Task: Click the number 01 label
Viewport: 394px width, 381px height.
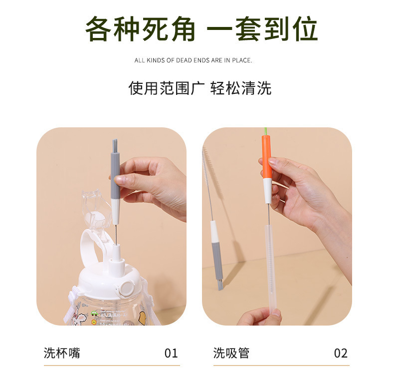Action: pos(171,353)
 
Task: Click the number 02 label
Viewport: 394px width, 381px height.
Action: pos(341,353)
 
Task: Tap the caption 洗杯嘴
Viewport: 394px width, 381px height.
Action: pos(62,353)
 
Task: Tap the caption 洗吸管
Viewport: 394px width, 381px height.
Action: pos(231,353)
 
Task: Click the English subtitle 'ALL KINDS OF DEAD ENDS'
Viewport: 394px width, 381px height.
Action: pos(178,60)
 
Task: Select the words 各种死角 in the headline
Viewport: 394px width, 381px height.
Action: pos(140,29)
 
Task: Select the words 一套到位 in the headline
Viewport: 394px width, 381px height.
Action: pos(262,29)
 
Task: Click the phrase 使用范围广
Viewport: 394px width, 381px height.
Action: pos(167,88)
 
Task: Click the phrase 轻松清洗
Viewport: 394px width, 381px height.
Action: pos(241,88)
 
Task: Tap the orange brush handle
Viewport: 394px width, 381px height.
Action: pos(267,157)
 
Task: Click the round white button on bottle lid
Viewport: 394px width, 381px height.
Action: pos(126,289)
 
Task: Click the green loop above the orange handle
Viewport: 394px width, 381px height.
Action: pos(266,131)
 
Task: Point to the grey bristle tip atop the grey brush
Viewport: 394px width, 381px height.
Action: pos(115,145)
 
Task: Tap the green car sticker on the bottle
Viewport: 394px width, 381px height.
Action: pos(94,313)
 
